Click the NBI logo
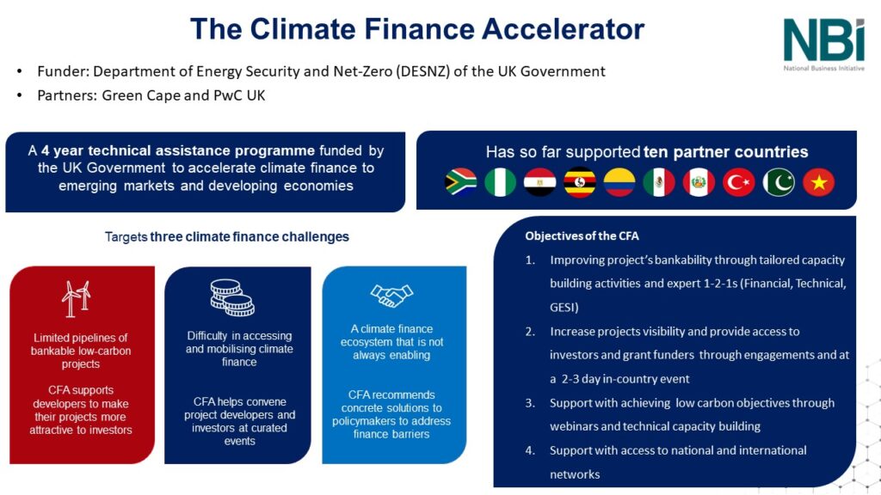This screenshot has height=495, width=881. [x=824, y=40]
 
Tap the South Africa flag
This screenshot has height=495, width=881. [x=461, y=182]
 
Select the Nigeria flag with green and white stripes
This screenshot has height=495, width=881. [x=501, y=182]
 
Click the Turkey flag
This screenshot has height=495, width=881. [x=739, y=182]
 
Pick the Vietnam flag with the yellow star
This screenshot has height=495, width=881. [x=818, y=182]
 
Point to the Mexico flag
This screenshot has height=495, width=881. [x=659, y=182]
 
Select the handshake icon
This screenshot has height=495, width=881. [x=391, y=296]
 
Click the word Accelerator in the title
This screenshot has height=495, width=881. [x=561, y=29]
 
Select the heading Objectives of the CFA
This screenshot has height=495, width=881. [x=582, y=235]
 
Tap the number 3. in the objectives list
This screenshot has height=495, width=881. [x=531, y=402]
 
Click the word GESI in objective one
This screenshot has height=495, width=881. [x=566, y=307]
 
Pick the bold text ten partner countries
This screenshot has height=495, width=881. [x=725, y=152]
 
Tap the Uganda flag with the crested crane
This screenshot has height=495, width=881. [x=580, y=182]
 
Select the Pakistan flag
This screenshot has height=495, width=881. [x=779, y=182]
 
